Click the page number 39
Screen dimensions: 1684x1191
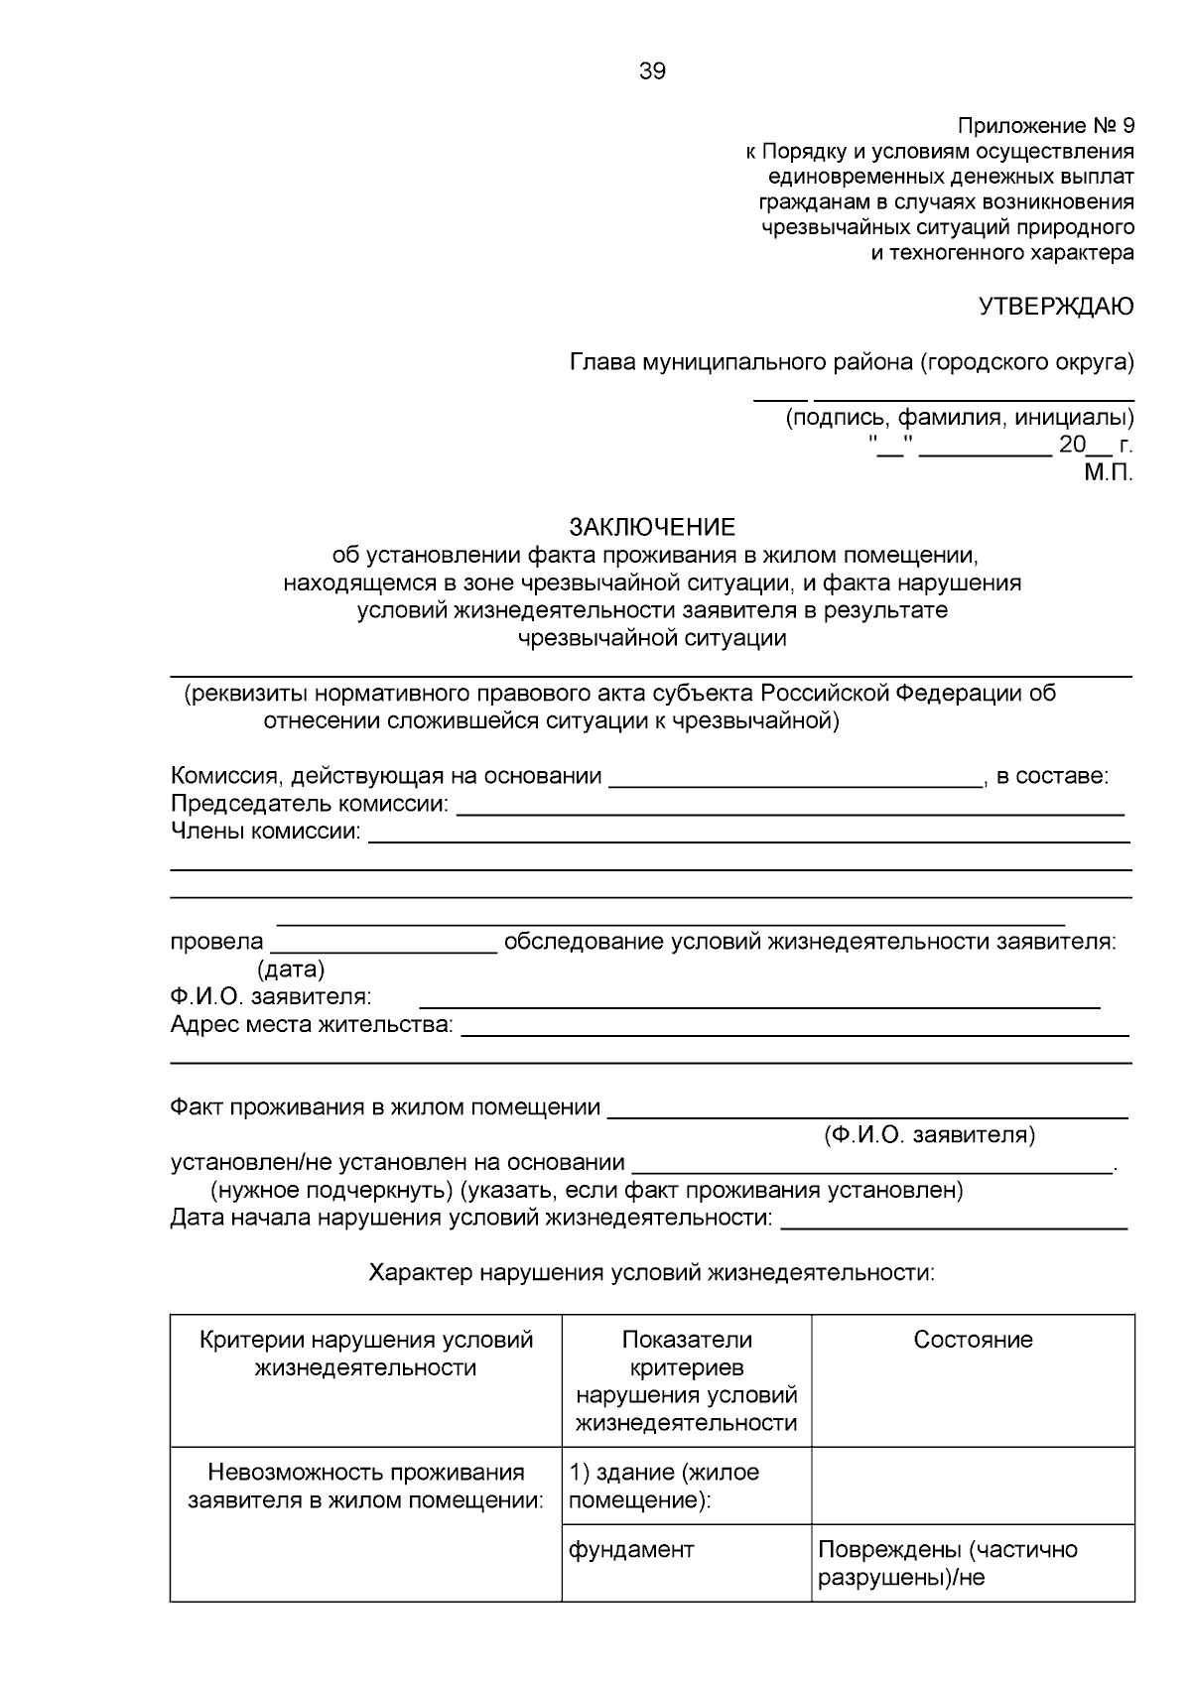click(x=652, y=71)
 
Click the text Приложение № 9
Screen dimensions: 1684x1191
click(x=1044, y=126)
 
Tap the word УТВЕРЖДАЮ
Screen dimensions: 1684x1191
click(x=1056, y=307)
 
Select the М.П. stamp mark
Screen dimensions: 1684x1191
click(x=1108, y=473)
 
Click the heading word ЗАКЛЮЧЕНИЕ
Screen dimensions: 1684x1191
click(x=652, y=526)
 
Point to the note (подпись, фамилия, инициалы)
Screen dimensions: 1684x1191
click(x=959, y=417)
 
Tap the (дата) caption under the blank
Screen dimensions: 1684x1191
click(x=291, y=969)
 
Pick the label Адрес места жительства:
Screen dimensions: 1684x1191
click(x=312, y=1024)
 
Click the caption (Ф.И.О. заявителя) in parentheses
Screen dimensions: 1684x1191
click(x=929, y=1134)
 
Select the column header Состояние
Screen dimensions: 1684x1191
click(x=973, y=1340)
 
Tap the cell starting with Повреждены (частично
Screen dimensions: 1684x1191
click(x=947, y=1563)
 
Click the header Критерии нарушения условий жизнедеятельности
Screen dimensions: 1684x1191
click(x=365, y=1354)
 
